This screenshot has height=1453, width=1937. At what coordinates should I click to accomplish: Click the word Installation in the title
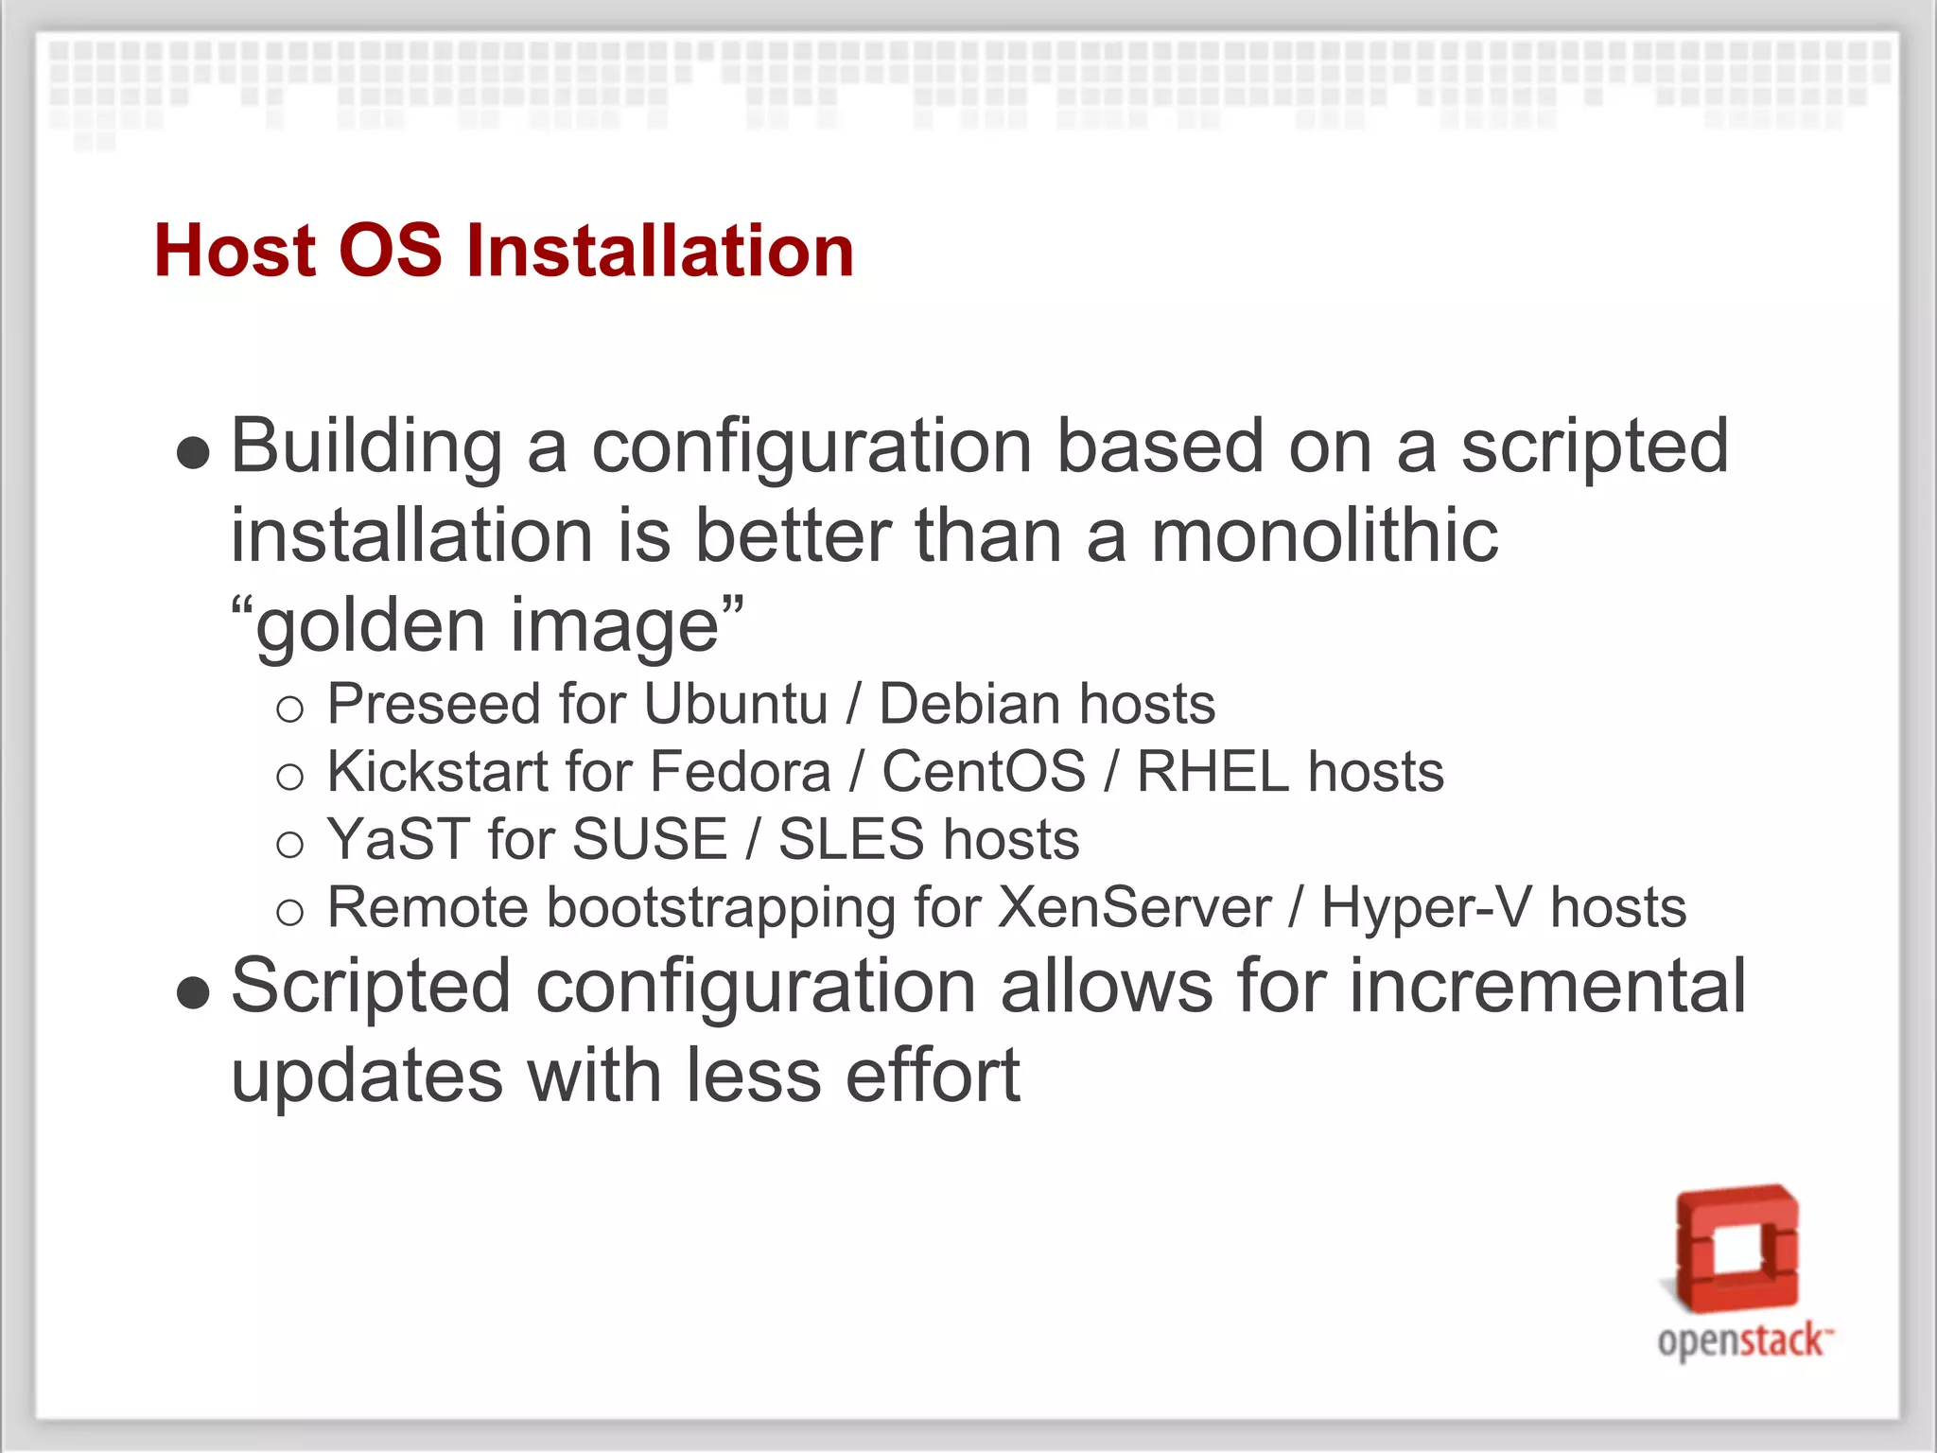pyautogui.click(x=660, y=251)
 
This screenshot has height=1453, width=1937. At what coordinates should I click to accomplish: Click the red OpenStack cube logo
pyautogui.click(x=1737, y=1249)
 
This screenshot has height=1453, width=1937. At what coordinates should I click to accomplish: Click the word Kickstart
pyautogui.click(x=437, y=771)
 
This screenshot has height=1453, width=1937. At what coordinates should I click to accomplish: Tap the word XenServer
pyautogui.click(x=1134, y=907)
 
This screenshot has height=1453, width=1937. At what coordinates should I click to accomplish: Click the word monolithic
pyautogui.click(x=1324, y=535)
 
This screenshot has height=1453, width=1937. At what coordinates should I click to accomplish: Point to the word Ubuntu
pyautogui.click(x=736, y=704)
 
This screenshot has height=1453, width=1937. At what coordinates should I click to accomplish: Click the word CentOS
pyautogui.click(x=984, y=771)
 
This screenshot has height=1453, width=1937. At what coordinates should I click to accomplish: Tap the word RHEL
pyautogui.click(x=1213, y=771)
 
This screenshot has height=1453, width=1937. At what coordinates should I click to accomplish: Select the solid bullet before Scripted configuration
pyautogui.click(x=193, y=993)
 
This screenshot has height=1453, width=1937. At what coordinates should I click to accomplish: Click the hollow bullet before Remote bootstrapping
pyautogui.click(x=289, y=912)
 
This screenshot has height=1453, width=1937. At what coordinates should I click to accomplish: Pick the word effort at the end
pyautogui.click(x=933, y=1076)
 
